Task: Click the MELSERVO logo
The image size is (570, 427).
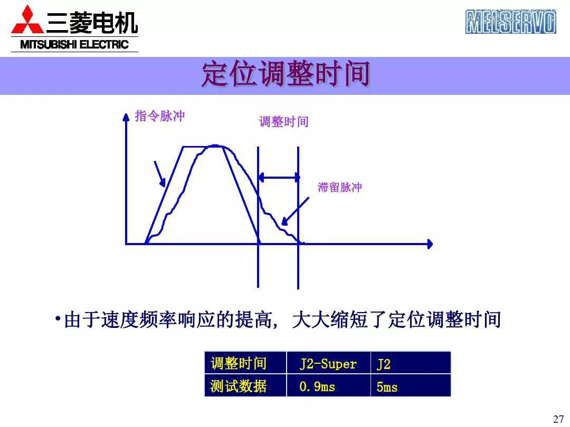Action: point(510,22)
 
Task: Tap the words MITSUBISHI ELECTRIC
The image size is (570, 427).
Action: point(74,45)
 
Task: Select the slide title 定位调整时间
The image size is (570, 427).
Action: point(285,75)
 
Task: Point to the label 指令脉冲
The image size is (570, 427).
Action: point(160,116)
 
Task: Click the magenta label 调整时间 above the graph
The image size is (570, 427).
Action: point(283,122)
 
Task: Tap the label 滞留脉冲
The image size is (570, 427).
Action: point(339,187)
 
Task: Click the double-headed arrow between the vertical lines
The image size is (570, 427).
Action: point(279,178)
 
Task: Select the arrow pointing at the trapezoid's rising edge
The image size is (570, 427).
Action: point(160,173)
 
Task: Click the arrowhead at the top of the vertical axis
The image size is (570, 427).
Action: point(126,117)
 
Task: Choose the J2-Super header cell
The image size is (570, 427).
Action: point(328,364)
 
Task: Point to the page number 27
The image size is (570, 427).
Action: point(558,419)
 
